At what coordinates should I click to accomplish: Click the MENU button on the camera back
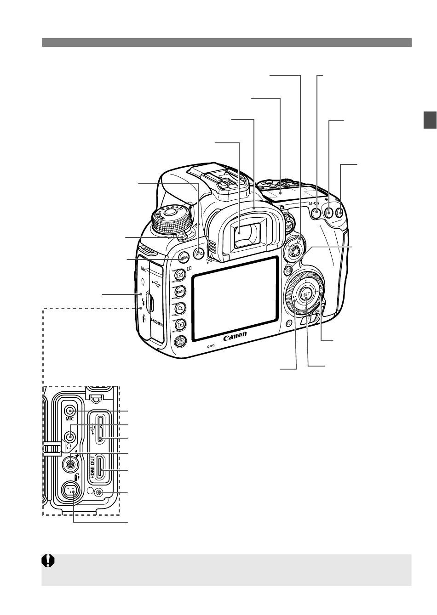(x=183, y=258)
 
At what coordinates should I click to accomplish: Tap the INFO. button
(x=199, y=252)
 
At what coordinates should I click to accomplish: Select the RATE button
(x=179, y=291)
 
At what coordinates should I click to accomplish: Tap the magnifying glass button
(x=180, y=308)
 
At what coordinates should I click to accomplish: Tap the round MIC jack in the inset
(x=70, y=411)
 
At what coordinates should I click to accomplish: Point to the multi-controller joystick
(x=294, y=250)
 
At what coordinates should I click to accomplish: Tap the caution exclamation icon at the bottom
(x=49, y=561)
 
